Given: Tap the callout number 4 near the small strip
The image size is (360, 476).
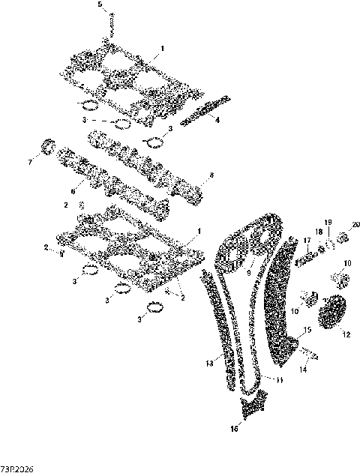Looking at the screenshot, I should click(x=217, y=120).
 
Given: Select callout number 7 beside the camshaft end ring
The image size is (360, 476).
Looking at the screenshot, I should click(x=31, y=161).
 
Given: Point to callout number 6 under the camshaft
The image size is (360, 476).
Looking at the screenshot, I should click(x=73, y=182).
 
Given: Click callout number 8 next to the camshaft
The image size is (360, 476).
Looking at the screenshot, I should click(x=211, y=175).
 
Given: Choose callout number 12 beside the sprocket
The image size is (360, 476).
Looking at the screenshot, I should click(x=346, y=336).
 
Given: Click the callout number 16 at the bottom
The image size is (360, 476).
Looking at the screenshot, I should click(x=233, y=430).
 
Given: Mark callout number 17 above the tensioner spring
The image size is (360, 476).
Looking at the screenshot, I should click(x=307, y=240).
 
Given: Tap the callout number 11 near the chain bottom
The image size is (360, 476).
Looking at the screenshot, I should click(x=279, y=380).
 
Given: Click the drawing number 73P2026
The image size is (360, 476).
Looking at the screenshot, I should click(x=16, y=469).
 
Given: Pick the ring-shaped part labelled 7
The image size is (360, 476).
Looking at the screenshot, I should click(x=49, y=147).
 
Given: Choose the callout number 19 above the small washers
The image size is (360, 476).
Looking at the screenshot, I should click(x=327, y=223).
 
